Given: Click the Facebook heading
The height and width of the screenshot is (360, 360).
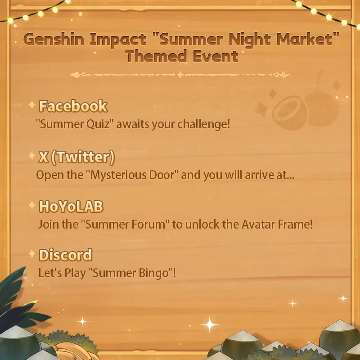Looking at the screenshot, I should [x=73, y=106].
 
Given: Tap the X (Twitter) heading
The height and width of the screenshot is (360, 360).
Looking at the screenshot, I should [x=77, y=157].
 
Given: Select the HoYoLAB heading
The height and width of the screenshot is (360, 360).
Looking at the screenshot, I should [x=71, y=207].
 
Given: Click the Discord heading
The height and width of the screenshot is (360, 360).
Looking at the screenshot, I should [x=66, y=255].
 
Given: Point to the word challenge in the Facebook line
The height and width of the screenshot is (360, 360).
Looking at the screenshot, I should [x=203, y=124].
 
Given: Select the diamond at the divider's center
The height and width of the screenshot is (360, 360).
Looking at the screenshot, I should [x=180, y=75].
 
